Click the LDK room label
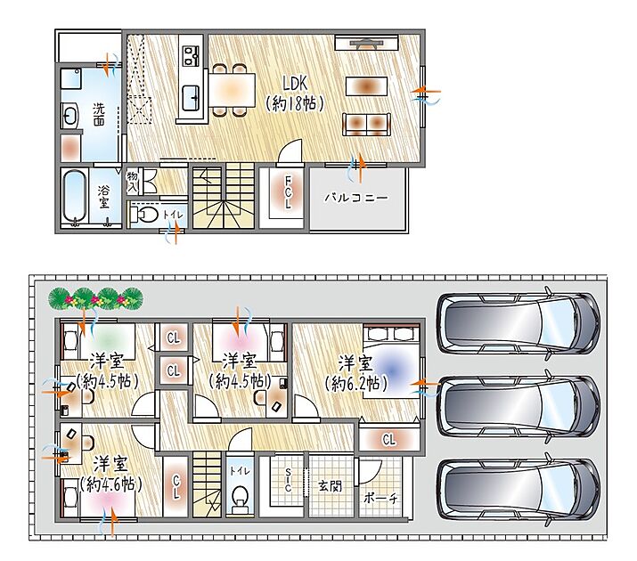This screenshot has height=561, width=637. [x=295, y=84]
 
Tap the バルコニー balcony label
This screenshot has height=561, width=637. [x=356, y=198]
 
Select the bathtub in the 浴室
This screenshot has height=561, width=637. [x=75, y=197]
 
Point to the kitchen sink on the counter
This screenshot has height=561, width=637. [x=190, y=98]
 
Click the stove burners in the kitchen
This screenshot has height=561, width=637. [x=190, y=55]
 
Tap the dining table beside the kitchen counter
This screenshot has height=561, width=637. [x=232, y=90]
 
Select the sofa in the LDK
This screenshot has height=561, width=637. [x=367, y=124]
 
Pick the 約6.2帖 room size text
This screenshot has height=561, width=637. [x=356, y=383]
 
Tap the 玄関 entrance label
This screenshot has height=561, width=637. [x=330, y=485]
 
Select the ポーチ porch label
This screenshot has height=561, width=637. [x=380, y=499]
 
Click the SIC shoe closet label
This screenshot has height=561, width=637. [x=288, y=480]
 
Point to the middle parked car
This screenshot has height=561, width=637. [x=518, y=406]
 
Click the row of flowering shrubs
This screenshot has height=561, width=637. [x=96, y=299]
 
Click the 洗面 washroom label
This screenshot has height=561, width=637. [x=99, y=114]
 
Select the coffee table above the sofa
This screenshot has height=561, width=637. [x=366, y=86]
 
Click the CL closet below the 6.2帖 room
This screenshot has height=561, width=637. [x=388, y=439]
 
